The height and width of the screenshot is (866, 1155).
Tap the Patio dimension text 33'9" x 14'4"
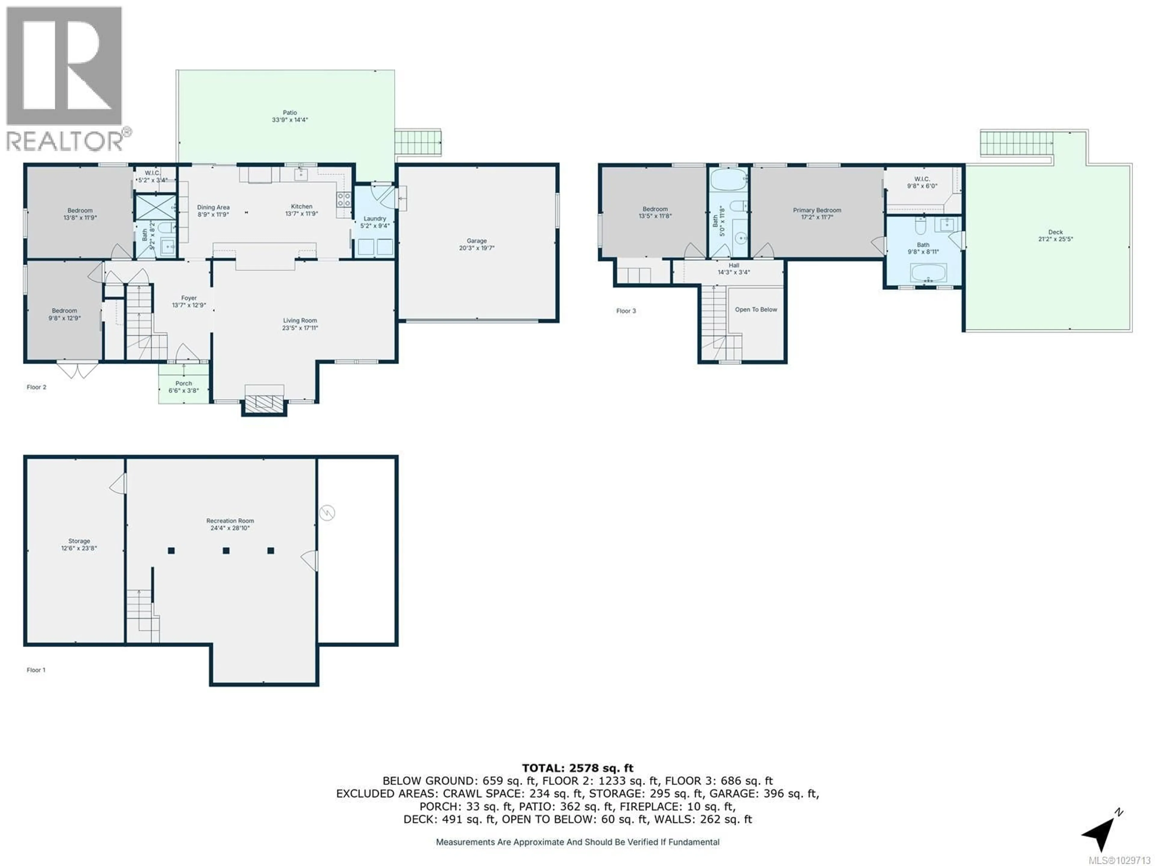290,120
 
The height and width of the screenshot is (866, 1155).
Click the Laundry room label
374,219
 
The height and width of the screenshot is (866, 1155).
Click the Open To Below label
756,309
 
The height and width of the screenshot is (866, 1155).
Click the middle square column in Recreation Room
226,551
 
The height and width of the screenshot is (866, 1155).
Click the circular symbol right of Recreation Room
327,513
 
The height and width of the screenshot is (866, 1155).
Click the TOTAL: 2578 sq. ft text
577,768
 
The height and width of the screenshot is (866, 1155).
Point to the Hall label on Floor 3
734,265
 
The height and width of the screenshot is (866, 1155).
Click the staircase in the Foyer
139,321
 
